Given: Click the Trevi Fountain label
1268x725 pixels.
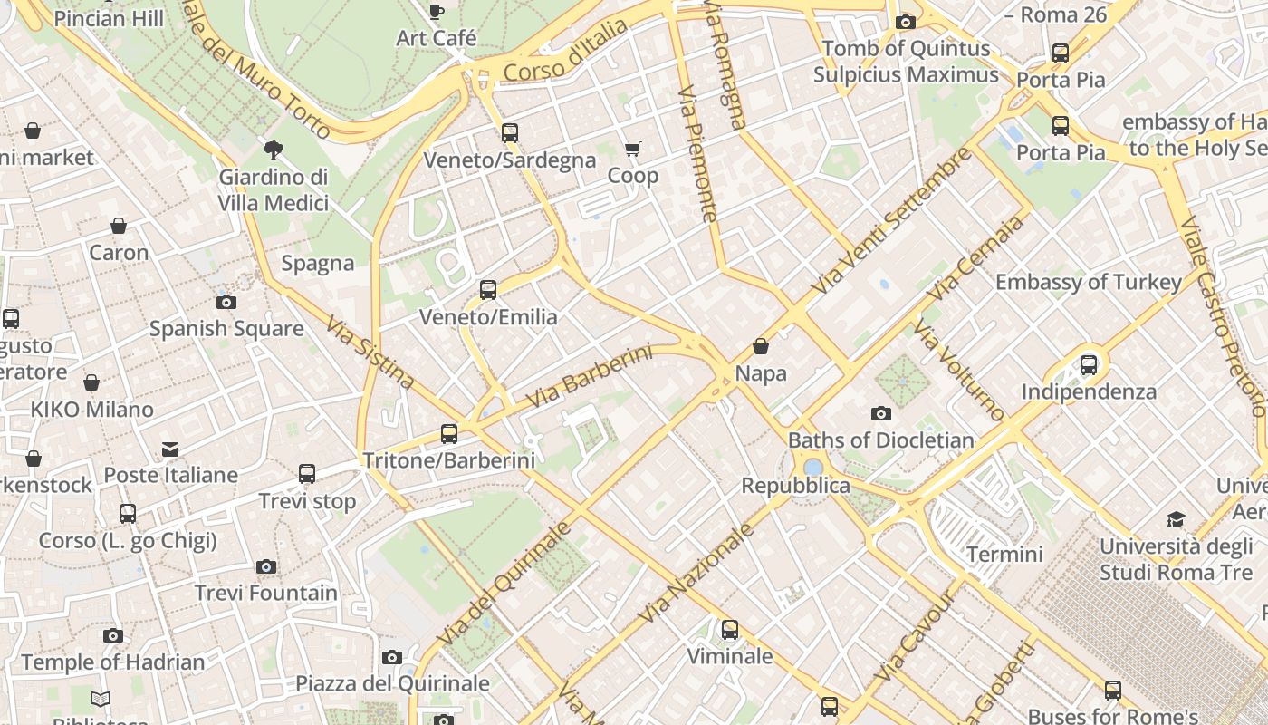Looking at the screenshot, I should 266,594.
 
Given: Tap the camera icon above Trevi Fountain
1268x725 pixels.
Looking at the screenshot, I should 265,567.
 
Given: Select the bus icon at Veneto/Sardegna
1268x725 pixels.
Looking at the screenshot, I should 510,133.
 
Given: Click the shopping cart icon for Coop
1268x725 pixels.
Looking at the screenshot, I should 632,149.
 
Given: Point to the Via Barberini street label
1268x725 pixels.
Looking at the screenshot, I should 589,376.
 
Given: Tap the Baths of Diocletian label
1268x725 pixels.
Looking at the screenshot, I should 880,440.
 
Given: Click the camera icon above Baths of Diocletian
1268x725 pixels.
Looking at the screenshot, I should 880,414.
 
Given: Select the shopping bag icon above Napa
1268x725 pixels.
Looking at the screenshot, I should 761,346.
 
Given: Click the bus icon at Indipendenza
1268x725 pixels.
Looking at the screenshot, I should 1089,365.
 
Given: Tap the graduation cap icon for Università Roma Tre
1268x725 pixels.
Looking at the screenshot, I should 1176,519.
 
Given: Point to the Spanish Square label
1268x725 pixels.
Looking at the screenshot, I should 226,328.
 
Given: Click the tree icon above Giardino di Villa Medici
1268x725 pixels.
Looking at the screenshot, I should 273,150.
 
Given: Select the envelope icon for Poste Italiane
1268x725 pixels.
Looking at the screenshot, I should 170,449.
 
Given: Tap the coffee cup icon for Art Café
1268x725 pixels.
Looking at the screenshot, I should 436,12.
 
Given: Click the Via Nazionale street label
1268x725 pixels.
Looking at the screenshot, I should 696,573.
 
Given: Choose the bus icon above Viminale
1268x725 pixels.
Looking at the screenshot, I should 729,629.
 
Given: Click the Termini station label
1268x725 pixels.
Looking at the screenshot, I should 1004,554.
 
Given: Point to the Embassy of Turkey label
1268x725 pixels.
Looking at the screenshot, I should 1089,282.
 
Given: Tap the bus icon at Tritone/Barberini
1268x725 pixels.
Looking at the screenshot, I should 448,434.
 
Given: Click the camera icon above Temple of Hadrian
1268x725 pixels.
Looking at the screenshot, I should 112,636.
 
